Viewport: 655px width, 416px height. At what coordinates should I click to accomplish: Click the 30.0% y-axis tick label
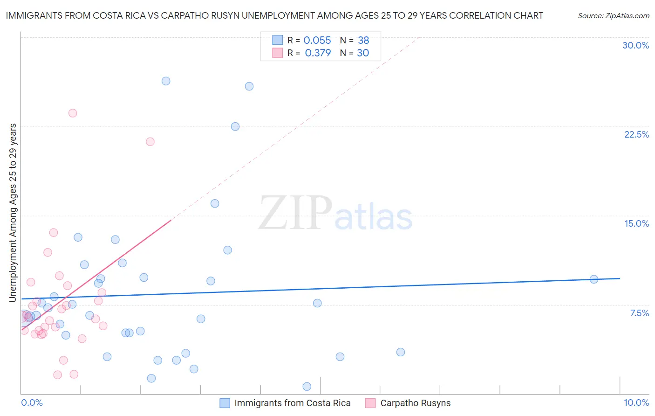635,45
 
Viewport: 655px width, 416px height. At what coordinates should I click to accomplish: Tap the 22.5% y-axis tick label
636,134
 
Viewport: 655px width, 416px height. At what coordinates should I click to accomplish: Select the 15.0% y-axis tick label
636,223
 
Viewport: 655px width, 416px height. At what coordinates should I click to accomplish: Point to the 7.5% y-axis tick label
639,313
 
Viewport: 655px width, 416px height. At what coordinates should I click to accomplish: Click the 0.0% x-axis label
32,402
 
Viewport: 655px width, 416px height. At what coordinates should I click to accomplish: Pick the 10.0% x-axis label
636,402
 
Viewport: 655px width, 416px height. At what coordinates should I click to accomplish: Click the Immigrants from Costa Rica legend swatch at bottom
225,403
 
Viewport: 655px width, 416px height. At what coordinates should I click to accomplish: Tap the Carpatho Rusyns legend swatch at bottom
370,403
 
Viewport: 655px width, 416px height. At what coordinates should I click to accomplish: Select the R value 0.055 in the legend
317,41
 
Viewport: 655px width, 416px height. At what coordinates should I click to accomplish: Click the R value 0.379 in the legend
318,53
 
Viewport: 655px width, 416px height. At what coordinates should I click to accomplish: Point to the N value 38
363,41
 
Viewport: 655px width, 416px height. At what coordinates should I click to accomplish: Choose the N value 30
363,53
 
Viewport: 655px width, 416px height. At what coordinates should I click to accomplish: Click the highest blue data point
166,81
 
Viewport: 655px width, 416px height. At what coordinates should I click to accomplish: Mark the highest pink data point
73,113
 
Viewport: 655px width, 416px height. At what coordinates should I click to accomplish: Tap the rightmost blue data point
594,279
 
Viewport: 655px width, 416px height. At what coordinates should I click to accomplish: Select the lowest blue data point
307,386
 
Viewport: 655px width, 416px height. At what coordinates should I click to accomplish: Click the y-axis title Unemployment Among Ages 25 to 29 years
13,213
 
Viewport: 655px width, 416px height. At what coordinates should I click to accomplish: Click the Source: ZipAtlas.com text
613,16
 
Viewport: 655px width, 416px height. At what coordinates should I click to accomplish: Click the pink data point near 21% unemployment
150,142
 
